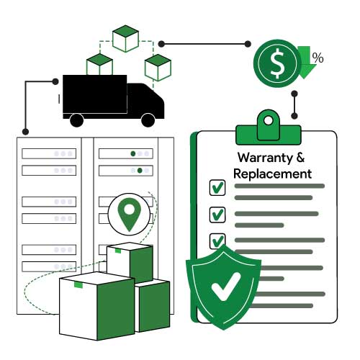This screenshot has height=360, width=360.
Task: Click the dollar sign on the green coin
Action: (278, 63)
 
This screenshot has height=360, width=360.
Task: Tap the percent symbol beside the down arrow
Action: (318, 58)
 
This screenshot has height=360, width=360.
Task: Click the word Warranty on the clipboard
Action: (265, 158)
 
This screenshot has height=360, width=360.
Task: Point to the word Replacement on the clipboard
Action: (272, 174)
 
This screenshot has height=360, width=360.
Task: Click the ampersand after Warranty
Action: (300, 158)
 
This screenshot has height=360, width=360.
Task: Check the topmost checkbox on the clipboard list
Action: (217, 187)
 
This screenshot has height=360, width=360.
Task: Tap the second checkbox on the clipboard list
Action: (217, 215)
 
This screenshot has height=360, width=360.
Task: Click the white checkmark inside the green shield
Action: (226, 287)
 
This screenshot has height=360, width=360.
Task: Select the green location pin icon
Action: (129, 214)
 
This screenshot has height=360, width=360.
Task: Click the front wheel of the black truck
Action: (148, 120)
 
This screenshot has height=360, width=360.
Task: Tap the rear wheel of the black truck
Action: (77, 120)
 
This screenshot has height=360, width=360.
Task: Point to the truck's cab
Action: (145, 100)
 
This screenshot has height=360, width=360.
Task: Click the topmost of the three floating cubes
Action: (125, 38)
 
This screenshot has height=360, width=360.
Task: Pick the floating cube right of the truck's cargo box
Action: (158, 68)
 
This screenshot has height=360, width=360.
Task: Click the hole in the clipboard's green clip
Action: (268, 120)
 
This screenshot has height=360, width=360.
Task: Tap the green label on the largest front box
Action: (78, 285)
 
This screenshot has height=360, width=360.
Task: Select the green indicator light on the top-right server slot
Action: (133, 153)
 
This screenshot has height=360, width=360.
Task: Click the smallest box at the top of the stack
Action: (130, 261)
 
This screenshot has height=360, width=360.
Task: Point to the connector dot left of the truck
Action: (55, 81)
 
